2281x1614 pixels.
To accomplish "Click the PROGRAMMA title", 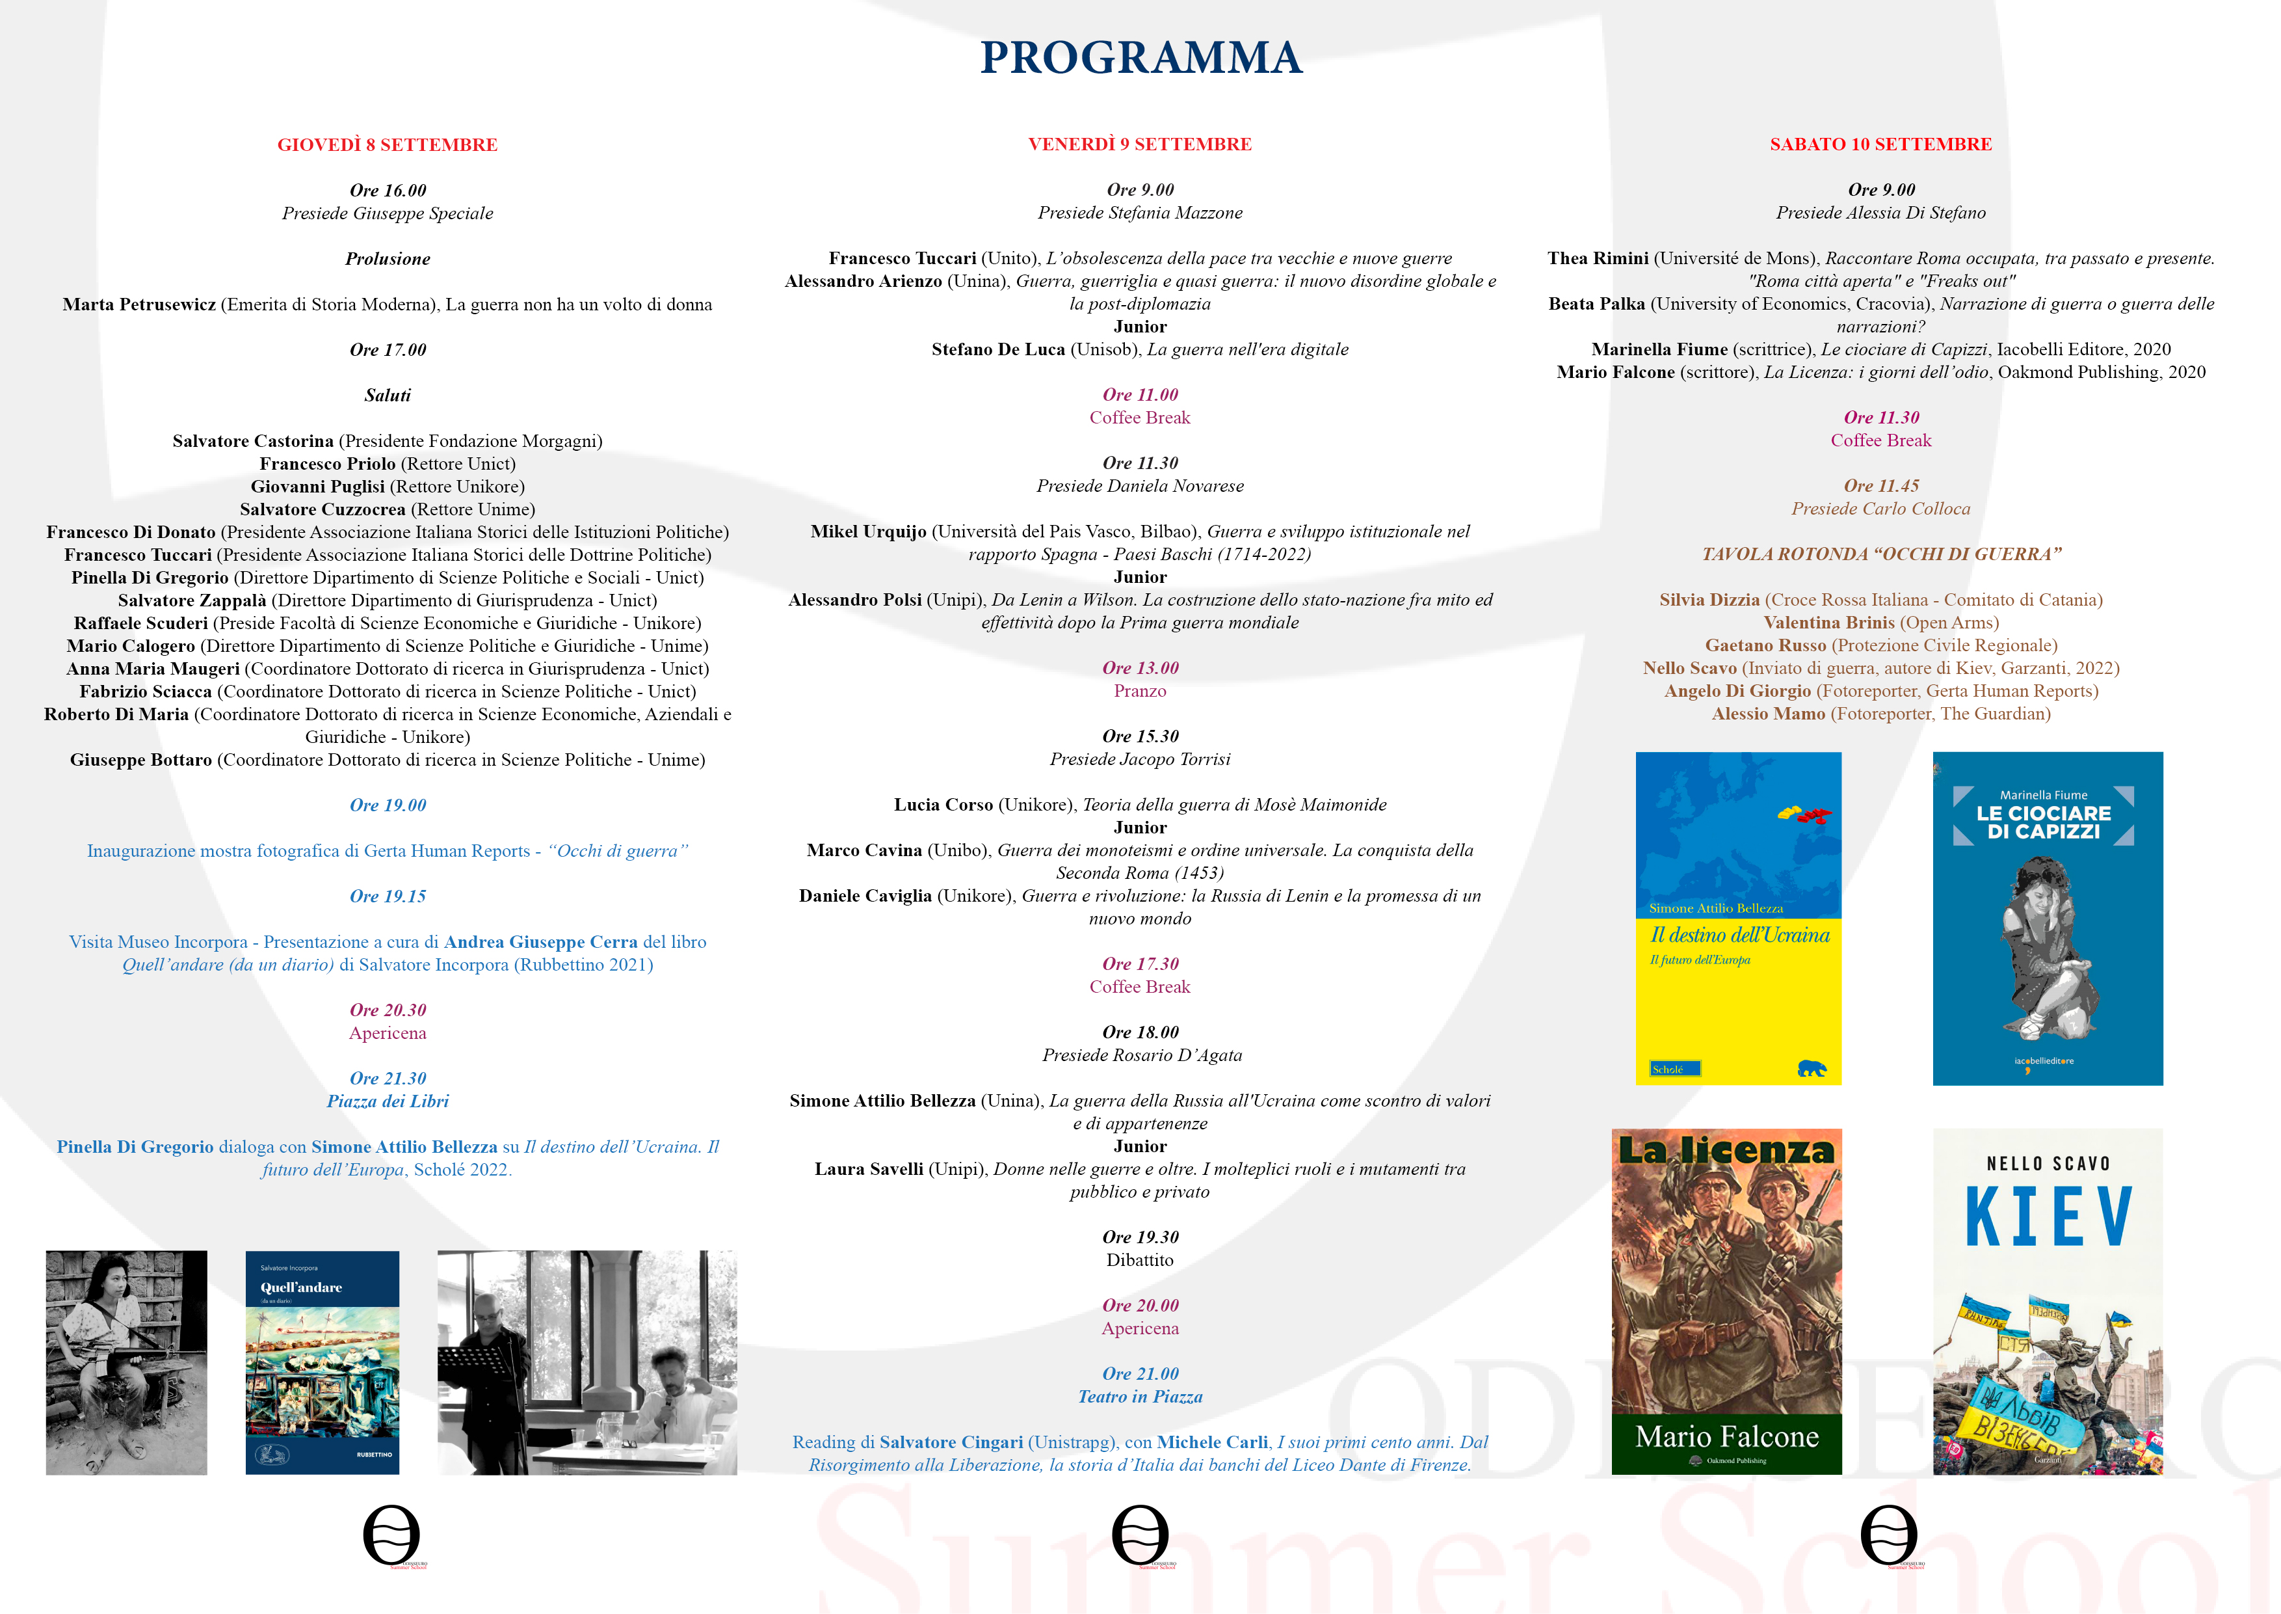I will [1140, 58].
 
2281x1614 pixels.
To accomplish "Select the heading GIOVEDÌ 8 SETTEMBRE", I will [388, 145].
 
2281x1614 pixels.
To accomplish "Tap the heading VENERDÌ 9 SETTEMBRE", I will [1139, 144].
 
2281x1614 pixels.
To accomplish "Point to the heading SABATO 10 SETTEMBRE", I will [1880, 144].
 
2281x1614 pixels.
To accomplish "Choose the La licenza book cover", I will [1726, 1301].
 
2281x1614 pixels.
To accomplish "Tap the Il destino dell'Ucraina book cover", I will [1739, 919].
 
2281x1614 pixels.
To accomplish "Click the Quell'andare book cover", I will [322, 1362].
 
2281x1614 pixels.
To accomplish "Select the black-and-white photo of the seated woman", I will [126, 1362].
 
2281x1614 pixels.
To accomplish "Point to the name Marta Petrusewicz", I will [139, 304].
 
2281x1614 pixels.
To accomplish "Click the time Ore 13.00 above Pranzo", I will [1139, 668].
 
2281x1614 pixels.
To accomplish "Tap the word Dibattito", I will [1139, 1260].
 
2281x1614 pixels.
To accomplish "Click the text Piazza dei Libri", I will [388, 1101].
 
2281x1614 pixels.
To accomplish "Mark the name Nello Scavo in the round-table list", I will [1689, 668].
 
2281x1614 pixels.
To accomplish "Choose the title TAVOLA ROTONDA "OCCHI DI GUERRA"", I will [1880, 554].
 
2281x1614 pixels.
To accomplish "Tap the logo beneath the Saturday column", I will [1888, 1535].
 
